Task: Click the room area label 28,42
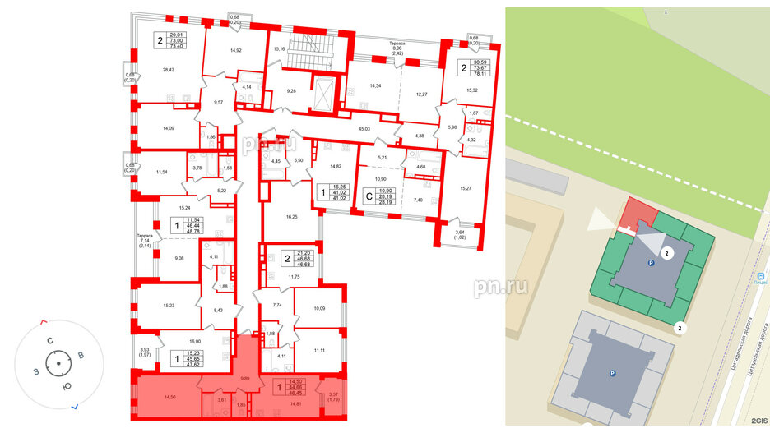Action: pos(168,70)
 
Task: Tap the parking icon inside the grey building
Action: pos(612,375)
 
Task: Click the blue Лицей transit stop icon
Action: pos(762,278)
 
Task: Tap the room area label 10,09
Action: pos(321,310)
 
